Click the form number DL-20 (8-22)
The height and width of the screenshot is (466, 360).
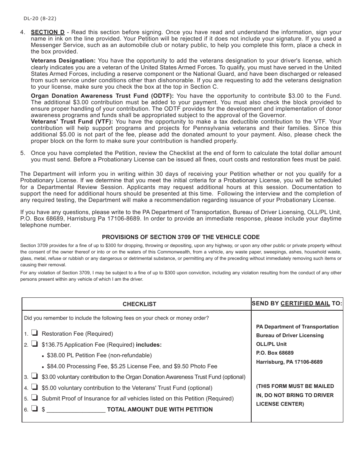pyautogui.click(x=40, y=18)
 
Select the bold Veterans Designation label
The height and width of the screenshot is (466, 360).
pyautogui.click(x=63, y=61)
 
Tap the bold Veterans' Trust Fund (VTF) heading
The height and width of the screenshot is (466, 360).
pyautogui.click(x=72, y=122)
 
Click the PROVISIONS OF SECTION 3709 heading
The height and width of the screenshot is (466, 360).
pyautogui.click(x=181, y=237)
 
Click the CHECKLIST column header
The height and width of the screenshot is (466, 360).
pyautogui.click(x=139, y=304)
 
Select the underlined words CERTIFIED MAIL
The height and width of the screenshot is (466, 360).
pyautogui.click(x=305, y=303)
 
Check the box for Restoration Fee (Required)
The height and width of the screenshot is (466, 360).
pyautogui.click(x=34, y=333)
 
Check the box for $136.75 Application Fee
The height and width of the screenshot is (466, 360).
pyautogui.click(x=34, y=344)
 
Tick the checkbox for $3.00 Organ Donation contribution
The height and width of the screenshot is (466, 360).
pyautogui.click(x=34, y=376)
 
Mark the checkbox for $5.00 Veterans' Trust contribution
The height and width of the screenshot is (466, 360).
pyautogui.click(x=34, y=387)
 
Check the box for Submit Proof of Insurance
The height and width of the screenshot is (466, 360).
pyautogui.click(x=34, y=398)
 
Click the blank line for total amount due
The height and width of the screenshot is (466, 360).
pyautogui.click(x=76, y=410)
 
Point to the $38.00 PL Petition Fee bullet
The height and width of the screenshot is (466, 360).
pyautogui.click(x=99, y=355)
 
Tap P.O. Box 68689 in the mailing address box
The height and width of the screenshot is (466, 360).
pyautogui.click(x=275, y=353)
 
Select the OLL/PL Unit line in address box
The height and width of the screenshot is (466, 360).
pyautogui.click(x=271, y=344)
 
